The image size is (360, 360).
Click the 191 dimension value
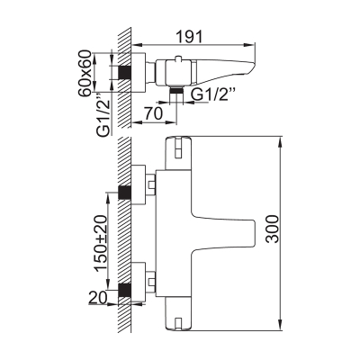(x=189, y=37)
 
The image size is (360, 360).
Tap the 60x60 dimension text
(x=85, y=73)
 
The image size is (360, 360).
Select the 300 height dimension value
(x=273, y=229)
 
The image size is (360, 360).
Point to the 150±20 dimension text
(x=101, y=244)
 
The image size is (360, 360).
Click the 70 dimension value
(x=153, y=113)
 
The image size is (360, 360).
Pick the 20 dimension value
(x=98, y=298)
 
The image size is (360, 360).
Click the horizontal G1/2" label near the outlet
(x=212, y=95)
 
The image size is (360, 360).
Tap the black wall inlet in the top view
(x=125, y=73)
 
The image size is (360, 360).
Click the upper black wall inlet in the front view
(x=125, y=193)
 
